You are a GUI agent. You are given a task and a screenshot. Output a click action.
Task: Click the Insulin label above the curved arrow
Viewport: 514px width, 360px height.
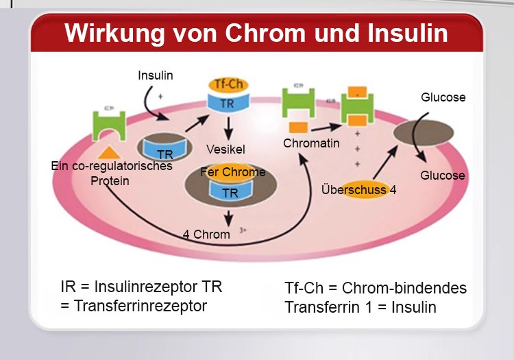[156, 75]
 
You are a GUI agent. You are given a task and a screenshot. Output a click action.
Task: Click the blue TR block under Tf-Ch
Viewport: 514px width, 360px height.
[228, 103]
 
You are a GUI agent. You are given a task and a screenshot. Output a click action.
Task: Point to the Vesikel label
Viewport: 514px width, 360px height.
[225, 149]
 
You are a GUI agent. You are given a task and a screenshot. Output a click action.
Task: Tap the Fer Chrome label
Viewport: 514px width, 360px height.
[233, 172]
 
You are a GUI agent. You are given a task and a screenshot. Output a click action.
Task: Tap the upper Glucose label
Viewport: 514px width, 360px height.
[443, 97]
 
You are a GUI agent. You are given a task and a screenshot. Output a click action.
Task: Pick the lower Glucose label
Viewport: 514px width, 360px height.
[443, 176]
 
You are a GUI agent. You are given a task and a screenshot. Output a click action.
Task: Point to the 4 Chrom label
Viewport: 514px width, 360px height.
[206, 235]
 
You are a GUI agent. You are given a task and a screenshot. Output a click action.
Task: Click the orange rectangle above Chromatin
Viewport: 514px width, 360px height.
[297, 127]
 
